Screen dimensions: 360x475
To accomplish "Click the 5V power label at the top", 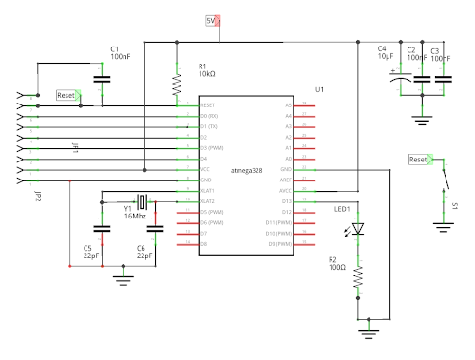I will click(212, 20).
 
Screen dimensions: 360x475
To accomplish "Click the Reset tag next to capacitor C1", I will click(68, 95).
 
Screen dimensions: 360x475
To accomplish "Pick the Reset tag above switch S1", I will click(420, 161).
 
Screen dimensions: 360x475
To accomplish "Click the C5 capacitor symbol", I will click(99, 229).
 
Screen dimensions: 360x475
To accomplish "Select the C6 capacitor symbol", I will click(156, 229).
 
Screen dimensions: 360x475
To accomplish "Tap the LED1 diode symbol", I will click(358, 229).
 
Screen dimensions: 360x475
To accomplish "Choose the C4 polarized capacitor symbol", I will click(396, 82).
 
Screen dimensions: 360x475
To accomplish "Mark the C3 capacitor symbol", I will click(442, 82).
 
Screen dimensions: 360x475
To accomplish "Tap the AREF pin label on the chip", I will click(287, 180).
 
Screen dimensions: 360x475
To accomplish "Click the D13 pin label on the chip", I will click(287, 201).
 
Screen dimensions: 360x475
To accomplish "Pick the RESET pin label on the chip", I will click(207, 104).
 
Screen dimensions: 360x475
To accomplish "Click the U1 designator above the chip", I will click(320, 89).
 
